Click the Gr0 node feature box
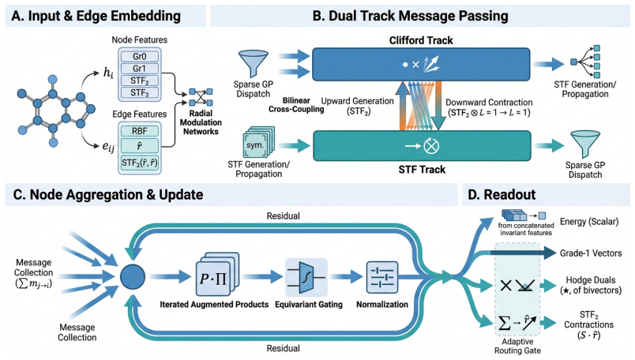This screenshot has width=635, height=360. coord(140,56)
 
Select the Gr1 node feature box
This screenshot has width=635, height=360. coord(140,69)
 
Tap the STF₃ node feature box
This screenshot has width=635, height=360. coord(140,92)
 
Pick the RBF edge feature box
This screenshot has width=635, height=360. coord(140,131)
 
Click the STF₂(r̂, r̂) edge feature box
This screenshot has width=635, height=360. coord(140,163)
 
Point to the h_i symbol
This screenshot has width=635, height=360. coord(108,73)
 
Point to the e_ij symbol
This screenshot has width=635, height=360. coord(108,147)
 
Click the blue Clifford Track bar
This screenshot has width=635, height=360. coord(421,65)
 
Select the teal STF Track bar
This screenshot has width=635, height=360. coord(422,146)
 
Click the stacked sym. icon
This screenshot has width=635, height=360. coord(258,143)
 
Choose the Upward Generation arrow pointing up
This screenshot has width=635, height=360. coord(402,106)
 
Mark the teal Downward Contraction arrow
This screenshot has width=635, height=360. coord(438,106)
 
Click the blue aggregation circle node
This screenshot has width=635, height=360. coord(133,277)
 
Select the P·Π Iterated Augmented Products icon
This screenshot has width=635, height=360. coord(217,275)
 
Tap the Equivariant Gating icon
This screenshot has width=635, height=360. coord(306,277)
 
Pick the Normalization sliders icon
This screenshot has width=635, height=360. coord(382,277)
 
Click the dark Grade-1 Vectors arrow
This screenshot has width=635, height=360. coord(523,253)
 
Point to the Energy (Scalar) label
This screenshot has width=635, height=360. coord(589,222)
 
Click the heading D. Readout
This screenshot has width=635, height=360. coord(502,195)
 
